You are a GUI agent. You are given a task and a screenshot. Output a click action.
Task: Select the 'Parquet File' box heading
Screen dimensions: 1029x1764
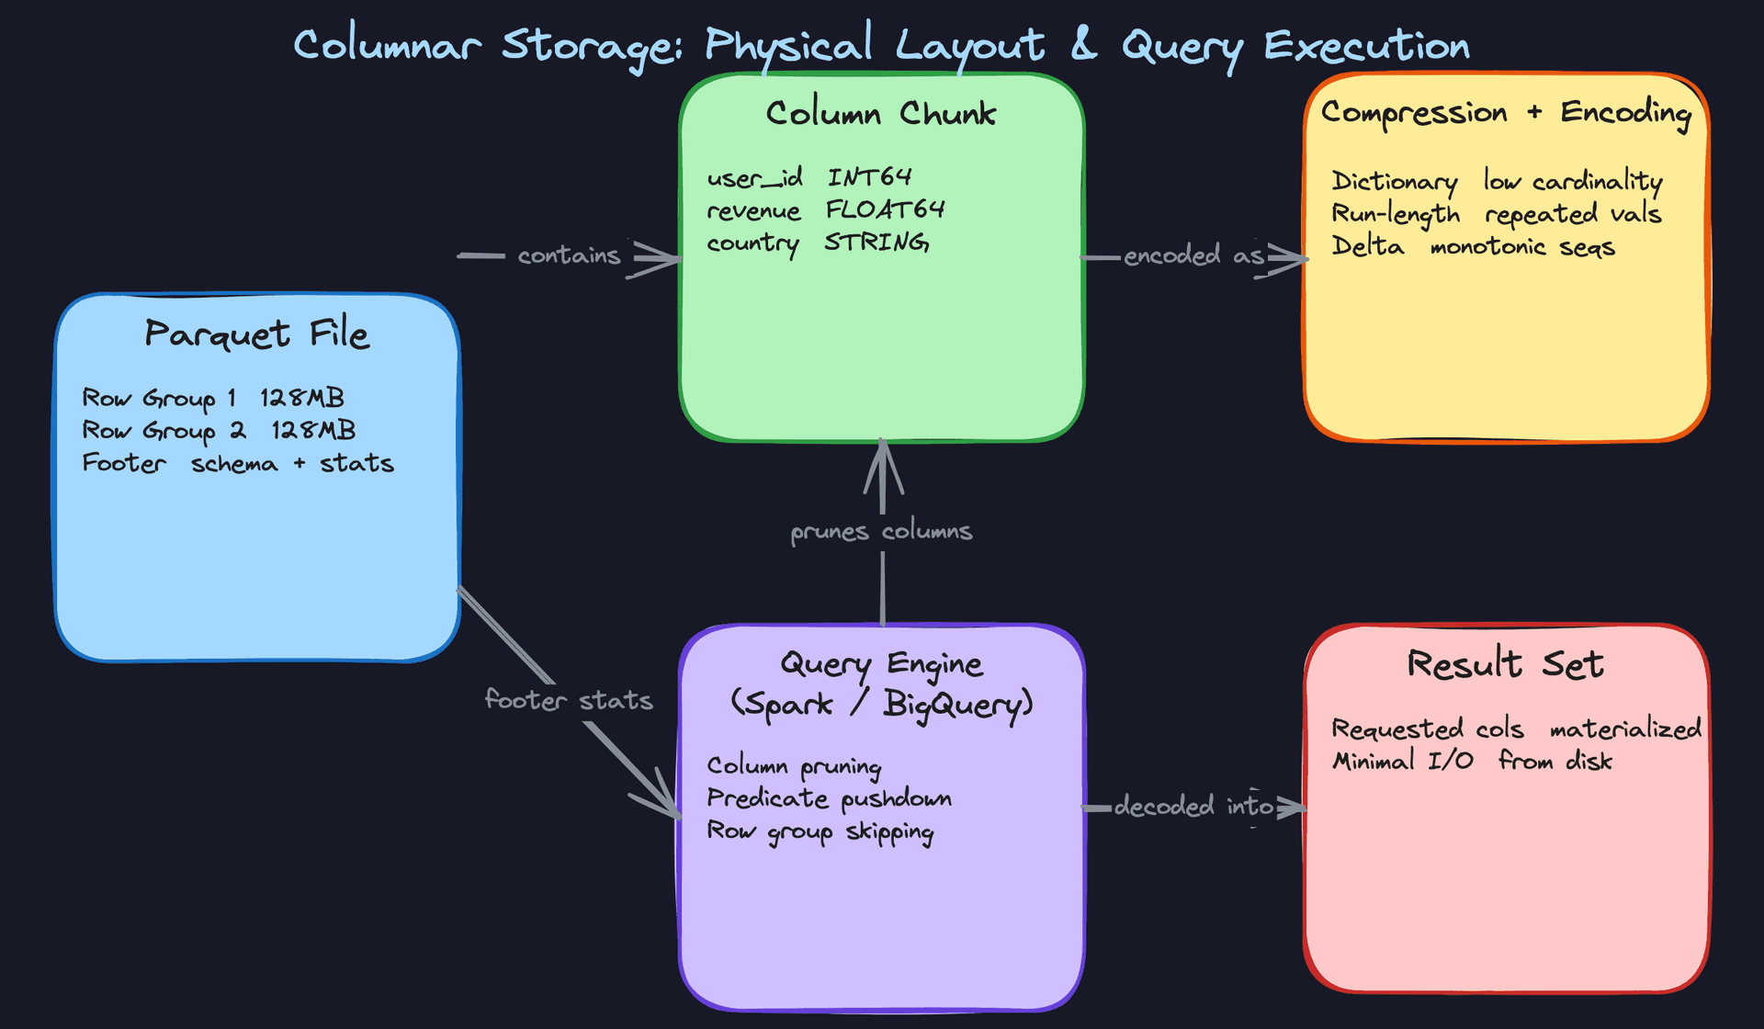pos(256,334)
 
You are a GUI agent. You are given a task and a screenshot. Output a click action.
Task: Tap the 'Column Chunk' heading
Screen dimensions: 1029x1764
pos(880,114)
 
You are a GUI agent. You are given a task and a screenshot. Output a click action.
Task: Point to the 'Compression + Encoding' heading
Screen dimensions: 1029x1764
pos(1506,113)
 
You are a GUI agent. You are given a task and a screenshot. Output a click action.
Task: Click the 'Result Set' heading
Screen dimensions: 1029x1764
pos(1505,664)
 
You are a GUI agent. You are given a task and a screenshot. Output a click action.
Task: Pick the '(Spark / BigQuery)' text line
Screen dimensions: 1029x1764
pos(881,705)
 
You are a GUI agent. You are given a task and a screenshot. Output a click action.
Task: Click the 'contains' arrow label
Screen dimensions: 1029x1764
pos(569,255)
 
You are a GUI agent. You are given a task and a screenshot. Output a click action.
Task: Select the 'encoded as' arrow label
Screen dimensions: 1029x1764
pos(1193,255)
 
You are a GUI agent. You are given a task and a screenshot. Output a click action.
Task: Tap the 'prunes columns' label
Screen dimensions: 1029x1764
pos(881,532)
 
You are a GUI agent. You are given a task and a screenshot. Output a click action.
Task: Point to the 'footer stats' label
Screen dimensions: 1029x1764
pos(569,701)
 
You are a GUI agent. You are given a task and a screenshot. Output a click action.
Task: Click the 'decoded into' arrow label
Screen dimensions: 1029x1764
pos(1193,807)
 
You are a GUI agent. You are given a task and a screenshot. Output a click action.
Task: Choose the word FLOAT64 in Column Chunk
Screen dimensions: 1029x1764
pos(885,210)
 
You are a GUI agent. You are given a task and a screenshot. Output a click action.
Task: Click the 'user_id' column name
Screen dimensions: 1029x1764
pos(754,177)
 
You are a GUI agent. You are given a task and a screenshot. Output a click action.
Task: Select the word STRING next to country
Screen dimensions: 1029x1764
pos(876,243)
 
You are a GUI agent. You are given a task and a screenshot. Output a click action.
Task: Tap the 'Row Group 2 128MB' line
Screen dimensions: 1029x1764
pos(219,431)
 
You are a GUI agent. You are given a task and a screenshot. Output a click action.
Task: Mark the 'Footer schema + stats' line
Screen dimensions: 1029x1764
pos(238,463)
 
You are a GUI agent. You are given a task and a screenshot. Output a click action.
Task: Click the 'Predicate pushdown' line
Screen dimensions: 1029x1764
pos(829,798)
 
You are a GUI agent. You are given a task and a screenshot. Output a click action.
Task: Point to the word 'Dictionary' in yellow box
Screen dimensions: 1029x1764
pos(1394,182)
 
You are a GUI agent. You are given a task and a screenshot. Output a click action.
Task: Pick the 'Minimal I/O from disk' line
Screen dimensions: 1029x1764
pos(1472,762)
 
